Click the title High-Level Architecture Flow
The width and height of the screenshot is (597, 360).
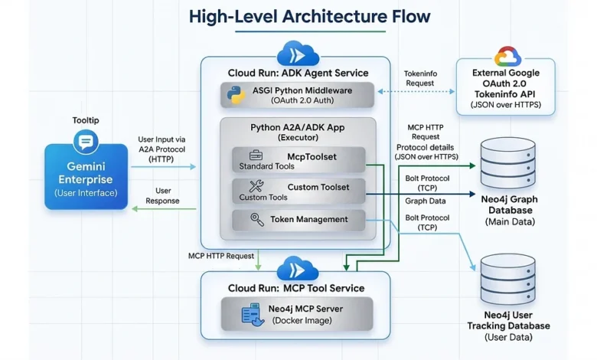tap(298, 16)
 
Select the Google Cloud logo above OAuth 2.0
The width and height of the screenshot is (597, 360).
tap(507, 57)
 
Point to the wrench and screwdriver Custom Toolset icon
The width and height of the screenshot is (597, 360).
tap(257, 187)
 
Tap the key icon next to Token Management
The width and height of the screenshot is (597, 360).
tap(257, 220)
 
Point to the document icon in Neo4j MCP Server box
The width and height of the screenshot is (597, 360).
tap(251, 313)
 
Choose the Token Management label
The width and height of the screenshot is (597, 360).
tap(308, 220)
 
